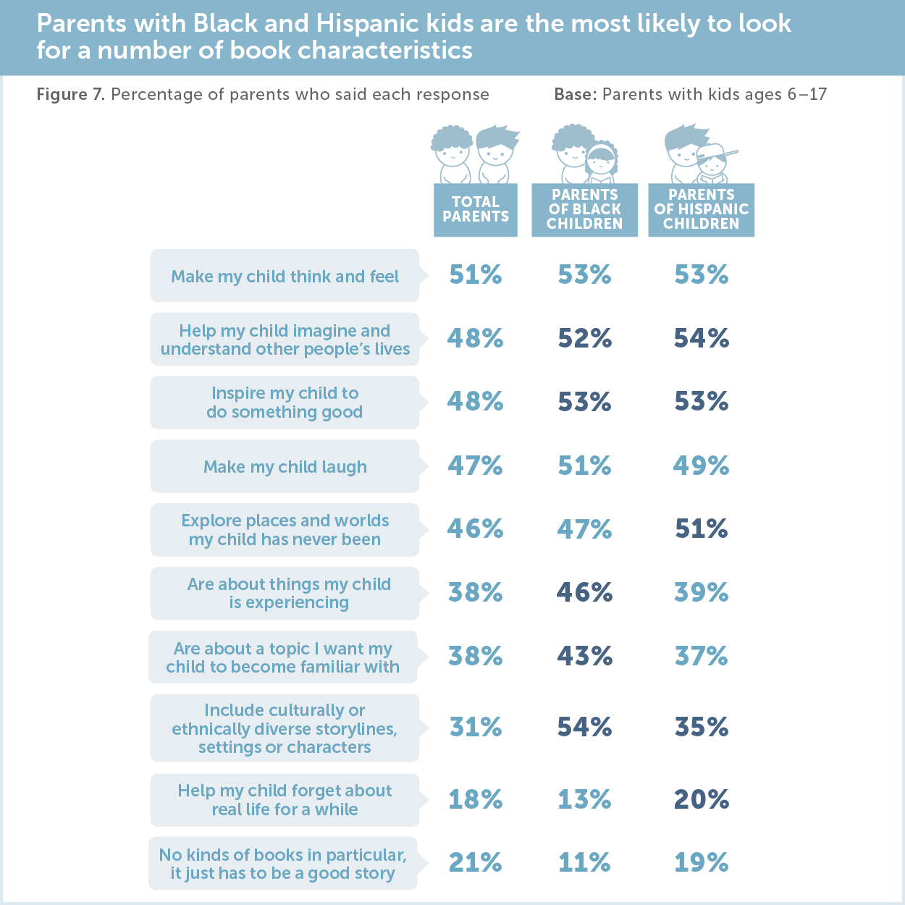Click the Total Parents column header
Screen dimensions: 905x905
coord(475,209)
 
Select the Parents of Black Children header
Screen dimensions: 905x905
coord(584,209)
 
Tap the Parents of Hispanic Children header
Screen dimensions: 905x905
coord(701,209)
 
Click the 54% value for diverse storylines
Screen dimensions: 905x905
coord(584,727)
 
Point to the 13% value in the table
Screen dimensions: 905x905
coord(584,799)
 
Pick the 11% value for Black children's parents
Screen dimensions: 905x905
coord(584,862)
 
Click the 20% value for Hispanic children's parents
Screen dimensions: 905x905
coord(701,799)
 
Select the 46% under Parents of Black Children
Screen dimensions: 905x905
coord(584,592)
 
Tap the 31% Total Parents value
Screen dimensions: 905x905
coord(475,727)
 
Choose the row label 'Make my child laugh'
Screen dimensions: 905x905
coord(285,467)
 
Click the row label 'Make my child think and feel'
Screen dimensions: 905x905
coord(285,277)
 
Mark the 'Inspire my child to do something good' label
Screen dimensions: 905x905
coord(285,403)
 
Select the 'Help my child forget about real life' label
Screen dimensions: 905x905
coord(285,800)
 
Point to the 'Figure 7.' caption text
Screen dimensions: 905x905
coord(71,95)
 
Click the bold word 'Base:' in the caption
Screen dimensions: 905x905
coord(575,95)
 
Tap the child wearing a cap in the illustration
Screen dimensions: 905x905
coord(713,164)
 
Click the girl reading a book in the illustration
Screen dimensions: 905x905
coord(601,164)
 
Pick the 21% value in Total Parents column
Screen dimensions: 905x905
coord(475,862)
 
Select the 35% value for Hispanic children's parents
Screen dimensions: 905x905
coord(701,727)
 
